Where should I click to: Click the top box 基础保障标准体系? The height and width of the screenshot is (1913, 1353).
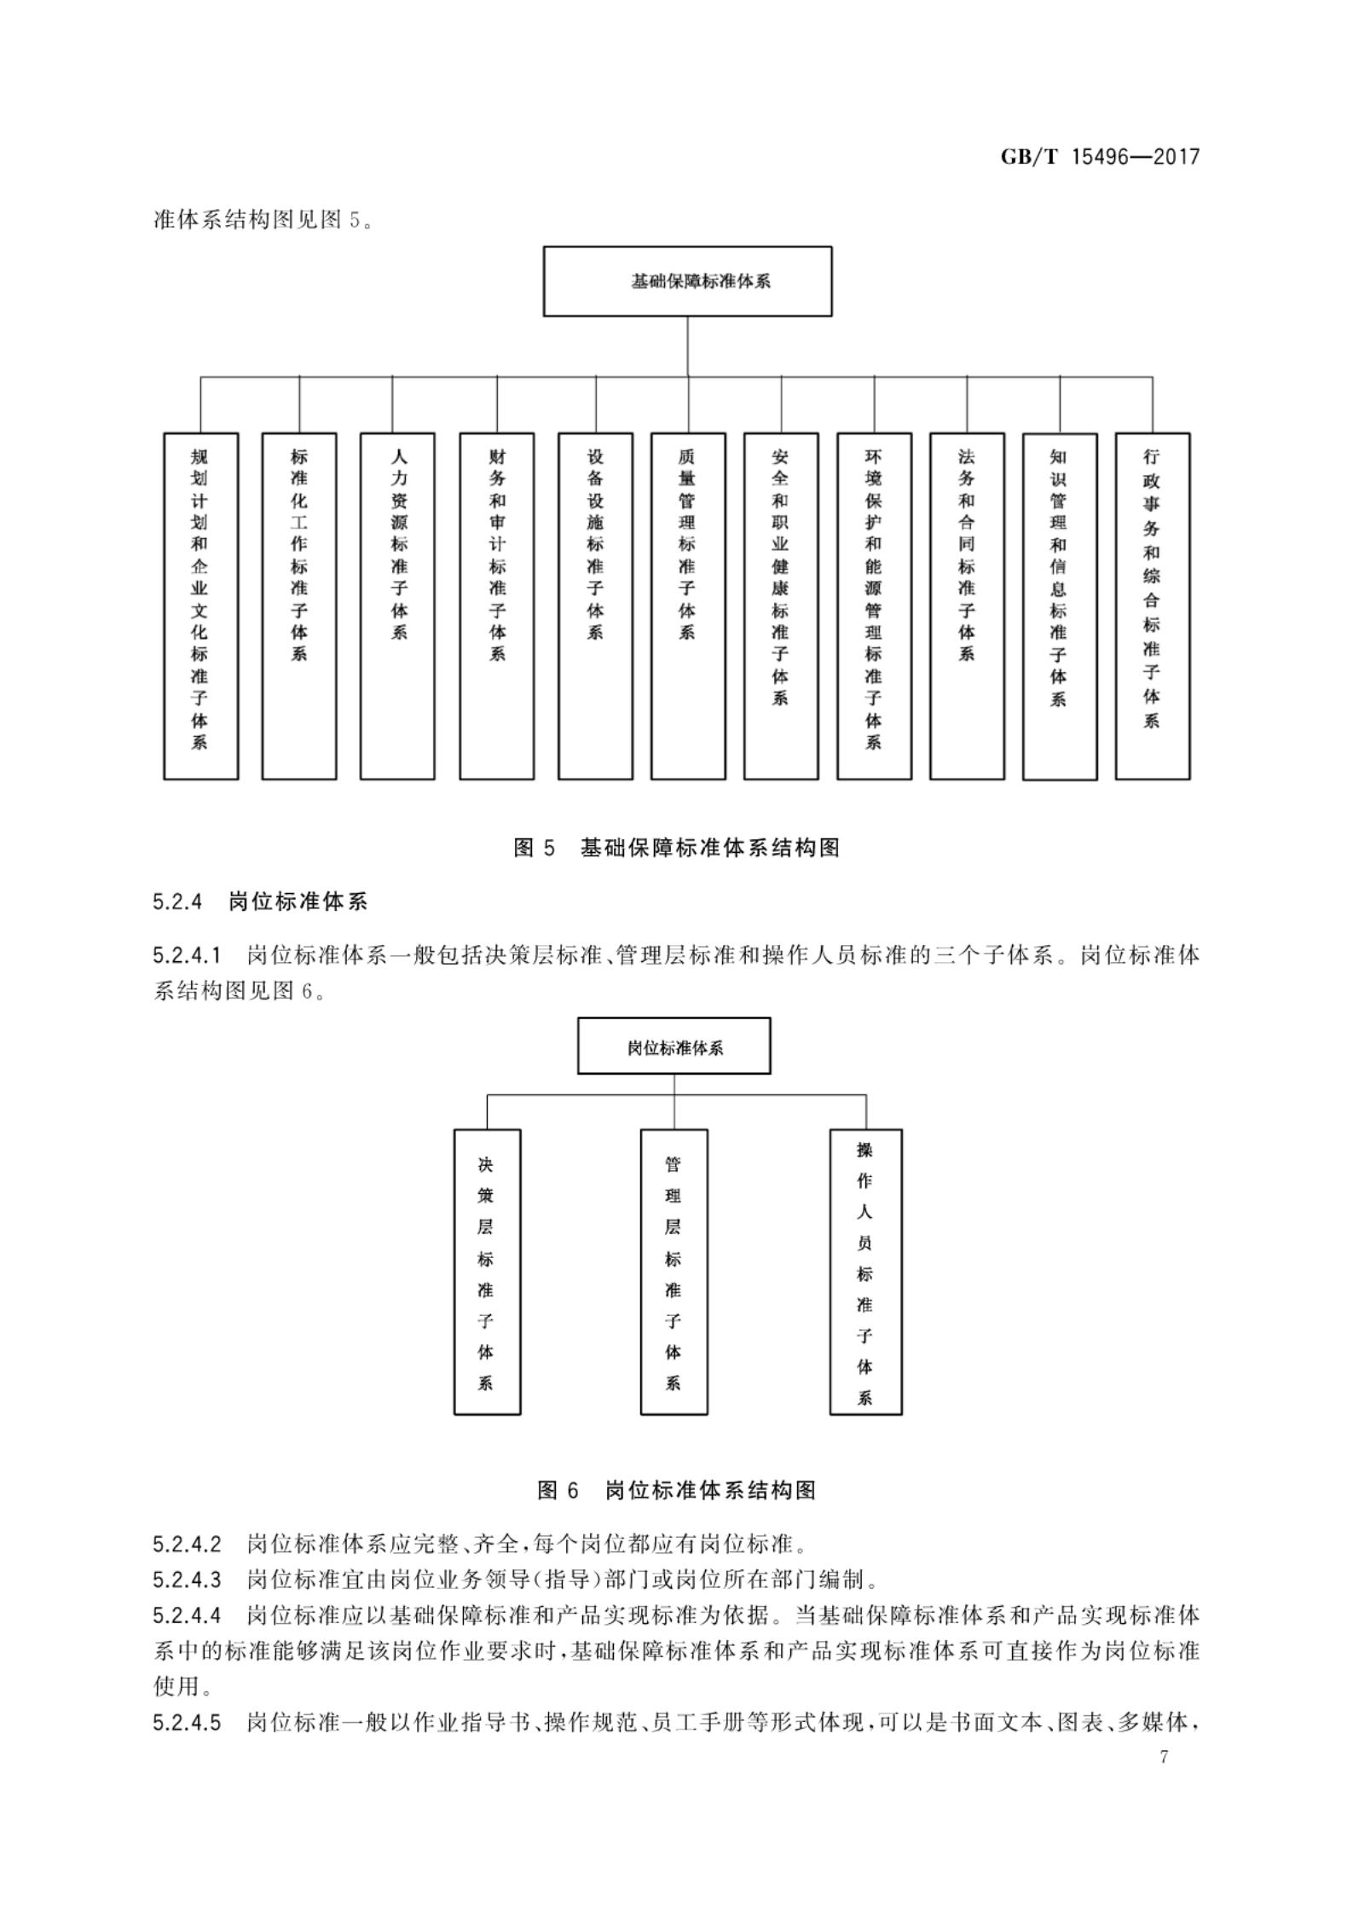pyautogui.click(x=687, y=281)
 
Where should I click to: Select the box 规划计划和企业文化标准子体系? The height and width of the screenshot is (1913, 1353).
pyautogui.click(x=200, y=606)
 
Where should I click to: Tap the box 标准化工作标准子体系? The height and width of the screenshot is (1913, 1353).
pyautogui.click(x=299, y=606)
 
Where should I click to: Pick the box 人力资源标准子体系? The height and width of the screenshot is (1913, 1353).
pyautogui.click(x=397, y=606)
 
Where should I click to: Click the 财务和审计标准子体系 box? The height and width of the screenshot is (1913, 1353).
pyautogui.click(x=497, y=606)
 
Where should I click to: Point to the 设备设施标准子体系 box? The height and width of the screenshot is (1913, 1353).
pyautogui.click(x=595, y=606)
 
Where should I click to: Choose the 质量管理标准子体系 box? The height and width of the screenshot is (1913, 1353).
pyautogui.click(x=688, y=606)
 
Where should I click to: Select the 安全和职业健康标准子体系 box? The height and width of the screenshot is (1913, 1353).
pyautogui.click(x=781, y=606)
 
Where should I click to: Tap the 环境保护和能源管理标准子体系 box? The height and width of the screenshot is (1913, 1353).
pyautogui.click(x=874, y=606)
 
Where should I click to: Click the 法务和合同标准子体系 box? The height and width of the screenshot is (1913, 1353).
pyautogui.click(x=967, y=606)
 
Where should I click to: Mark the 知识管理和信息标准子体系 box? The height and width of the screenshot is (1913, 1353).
pyautogui.click(x=1060, y=606)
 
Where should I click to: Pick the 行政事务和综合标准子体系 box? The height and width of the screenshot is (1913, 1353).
pyautogui.click(x=1153, y=606)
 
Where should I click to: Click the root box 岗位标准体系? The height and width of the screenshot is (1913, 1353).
pyautogui.click(x=674, y=1046)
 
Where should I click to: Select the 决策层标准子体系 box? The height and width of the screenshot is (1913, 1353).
pyautogui.click(x=487, y=1272)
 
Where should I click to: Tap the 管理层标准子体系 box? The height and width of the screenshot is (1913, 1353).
pyautogui.click(x=674, y=1272)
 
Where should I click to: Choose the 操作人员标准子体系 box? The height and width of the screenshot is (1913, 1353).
pyautogui.click(x=865, y=1272)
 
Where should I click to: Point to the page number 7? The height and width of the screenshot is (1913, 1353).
pyautogui.click(x=1164, y=1757)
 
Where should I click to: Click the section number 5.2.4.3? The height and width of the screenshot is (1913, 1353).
pyautogui.click(x=187, y=1580)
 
